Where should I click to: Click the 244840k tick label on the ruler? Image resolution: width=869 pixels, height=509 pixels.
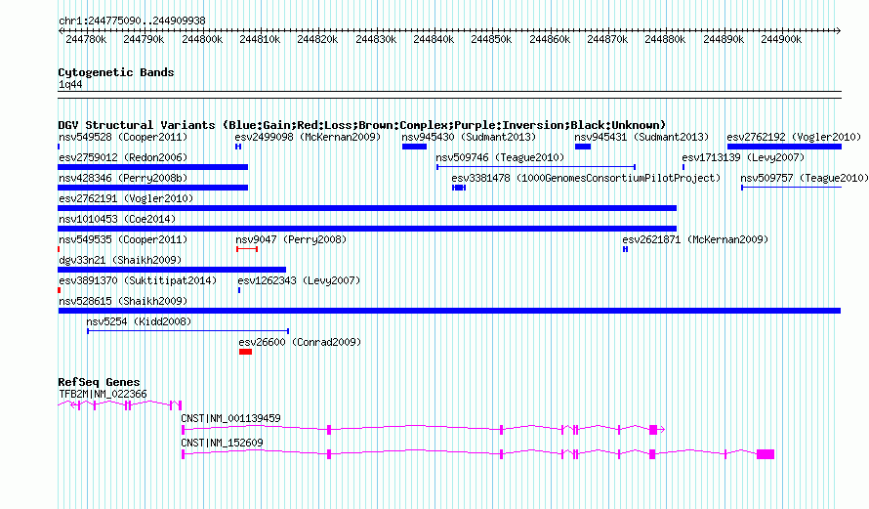(x=434, y=39)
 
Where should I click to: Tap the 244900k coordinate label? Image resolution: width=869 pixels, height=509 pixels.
(x=781, y=39)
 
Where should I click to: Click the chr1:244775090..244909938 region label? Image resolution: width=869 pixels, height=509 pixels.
(x=132, y=20)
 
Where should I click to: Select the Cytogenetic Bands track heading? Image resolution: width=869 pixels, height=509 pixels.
(x=116, y=72)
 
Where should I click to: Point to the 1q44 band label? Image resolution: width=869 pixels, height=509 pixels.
(x=69, y=85)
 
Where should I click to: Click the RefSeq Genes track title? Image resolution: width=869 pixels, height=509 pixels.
(x=99, y=382)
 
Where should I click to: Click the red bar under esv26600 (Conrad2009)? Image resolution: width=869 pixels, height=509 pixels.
(x=245, y=352)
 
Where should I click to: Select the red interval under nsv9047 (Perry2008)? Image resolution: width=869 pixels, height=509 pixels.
(x=247, y=249)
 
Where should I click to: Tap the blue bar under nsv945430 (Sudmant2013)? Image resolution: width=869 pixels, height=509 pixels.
(x=414, y=147)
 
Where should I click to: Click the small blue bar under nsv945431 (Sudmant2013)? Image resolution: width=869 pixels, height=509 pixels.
(x=583, y=147)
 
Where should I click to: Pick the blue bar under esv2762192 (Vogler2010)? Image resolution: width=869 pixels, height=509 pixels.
(x=784, y=147)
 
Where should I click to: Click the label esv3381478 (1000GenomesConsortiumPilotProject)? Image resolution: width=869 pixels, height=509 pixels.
(x=586, y=178)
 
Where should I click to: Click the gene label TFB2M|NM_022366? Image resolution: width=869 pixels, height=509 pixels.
(x=103, y=394)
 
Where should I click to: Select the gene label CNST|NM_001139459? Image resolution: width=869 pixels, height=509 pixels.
(x=230, y=418)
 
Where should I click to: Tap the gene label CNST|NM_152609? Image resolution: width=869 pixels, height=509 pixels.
(x=222, y=443)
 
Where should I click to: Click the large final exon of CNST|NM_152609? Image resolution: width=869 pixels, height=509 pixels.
(x=766, y=454)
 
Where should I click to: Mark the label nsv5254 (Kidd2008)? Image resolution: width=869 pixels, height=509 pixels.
(x=139, y=321)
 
